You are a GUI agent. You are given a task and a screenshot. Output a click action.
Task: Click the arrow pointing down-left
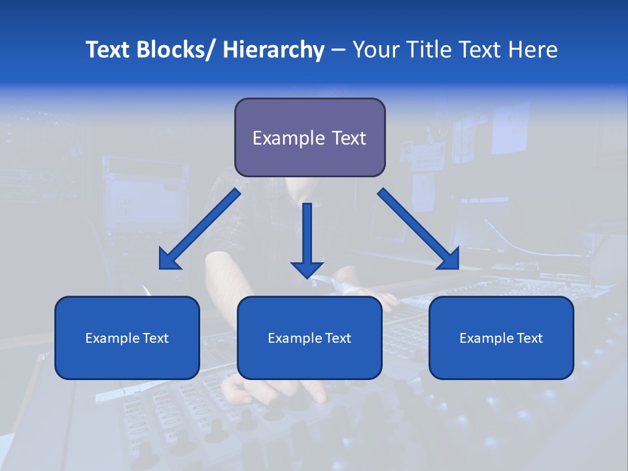(x=200, y=229)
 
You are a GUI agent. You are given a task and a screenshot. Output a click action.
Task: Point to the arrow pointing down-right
(x=419, y=229)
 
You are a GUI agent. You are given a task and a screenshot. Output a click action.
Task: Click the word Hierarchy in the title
(x=273, y=50)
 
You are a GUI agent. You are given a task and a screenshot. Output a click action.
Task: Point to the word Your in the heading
(x=374, y=50)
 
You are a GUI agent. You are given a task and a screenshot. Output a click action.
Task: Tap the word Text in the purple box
(x=347, y=138)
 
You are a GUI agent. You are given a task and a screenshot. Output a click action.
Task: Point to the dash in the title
(x=338, y=51)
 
